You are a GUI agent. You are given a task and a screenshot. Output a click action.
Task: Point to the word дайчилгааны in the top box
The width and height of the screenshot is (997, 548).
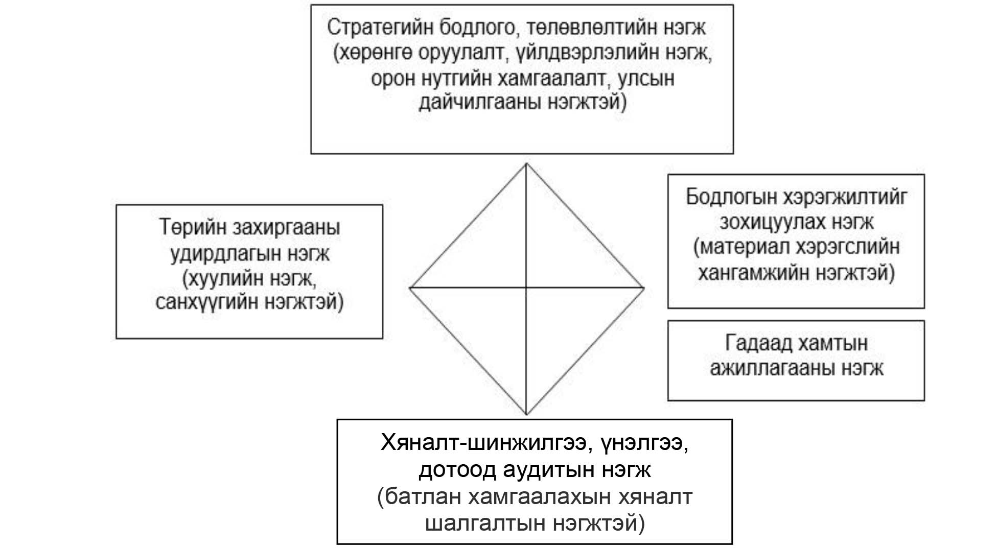(x=478, y=103)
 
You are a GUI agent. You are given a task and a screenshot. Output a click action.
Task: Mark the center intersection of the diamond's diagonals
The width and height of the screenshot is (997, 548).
(x=526, y=288)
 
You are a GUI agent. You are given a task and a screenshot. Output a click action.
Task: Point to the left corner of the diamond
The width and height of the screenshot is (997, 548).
(x=410, y=288)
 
